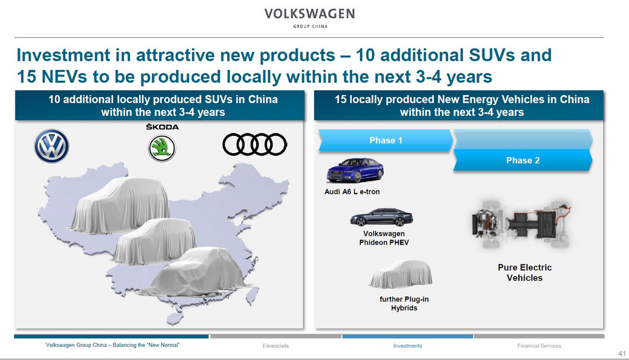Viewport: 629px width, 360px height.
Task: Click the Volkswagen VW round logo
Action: click(51, 146)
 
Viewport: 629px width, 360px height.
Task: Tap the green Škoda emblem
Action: click(162, 148)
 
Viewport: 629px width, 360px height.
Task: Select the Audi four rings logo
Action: click(255, 144)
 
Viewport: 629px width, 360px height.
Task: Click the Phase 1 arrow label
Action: click(386, 140)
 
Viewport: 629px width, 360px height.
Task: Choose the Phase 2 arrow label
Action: click(522, 161)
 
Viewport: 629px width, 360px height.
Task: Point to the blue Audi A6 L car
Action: click(355, 170)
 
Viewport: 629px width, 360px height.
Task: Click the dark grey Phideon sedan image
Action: click(381, 217)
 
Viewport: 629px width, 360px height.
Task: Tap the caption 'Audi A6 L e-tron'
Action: click(352, 192)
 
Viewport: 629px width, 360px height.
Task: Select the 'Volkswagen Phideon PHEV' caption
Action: click(384, 238)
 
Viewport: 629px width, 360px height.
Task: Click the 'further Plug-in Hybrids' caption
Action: click(404, 303)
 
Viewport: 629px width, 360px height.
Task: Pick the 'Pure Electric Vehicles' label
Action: click(525, 273)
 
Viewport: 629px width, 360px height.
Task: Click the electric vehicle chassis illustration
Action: click(521, 224)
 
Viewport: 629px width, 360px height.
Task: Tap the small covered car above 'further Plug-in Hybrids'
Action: click(401, 274)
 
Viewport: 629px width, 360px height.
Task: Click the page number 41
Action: click(622, 354)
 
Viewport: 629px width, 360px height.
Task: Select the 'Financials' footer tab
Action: click(275, 345)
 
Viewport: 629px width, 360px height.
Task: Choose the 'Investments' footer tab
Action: click(408, 345)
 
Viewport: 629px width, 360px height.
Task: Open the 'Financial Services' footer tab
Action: click(539, 345)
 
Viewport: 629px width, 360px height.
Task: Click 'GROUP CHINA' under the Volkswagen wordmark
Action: click(310, 26)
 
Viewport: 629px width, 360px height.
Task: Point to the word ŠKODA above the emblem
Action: click(162, 127)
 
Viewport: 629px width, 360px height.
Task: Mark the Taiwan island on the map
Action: click(252, 296)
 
